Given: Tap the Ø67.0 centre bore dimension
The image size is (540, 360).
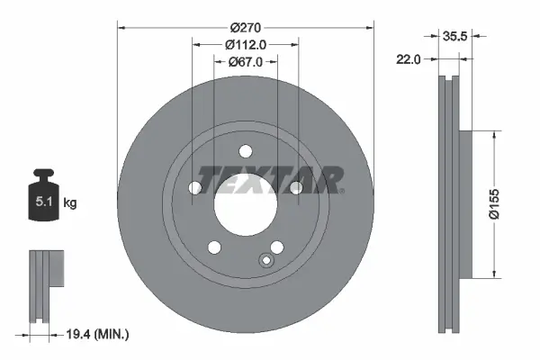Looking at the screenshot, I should (x=245, y=61).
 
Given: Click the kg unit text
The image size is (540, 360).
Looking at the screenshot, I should (x=69, y=203).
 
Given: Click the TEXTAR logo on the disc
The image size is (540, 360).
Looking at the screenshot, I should (x=269, y=178).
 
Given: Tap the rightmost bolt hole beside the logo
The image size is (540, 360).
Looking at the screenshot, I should (x=294, y=187).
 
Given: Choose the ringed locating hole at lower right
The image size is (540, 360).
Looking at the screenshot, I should (x=266, y=261).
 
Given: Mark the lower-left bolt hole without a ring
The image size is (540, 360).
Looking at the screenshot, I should (x=214, y=247).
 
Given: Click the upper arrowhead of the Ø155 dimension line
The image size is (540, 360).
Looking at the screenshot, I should (x=493, y=134).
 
